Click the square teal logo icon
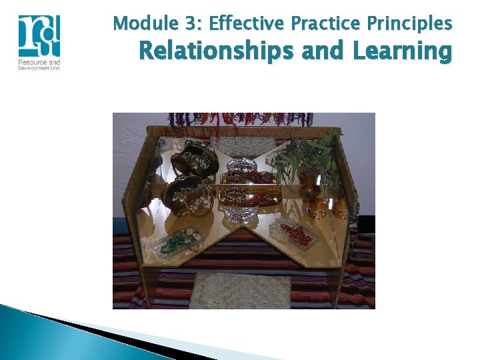39,36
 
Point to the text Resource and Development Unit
39,65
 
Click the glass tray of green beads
176,240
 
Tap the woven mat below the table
240,291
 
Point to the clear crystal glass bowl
241,212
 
